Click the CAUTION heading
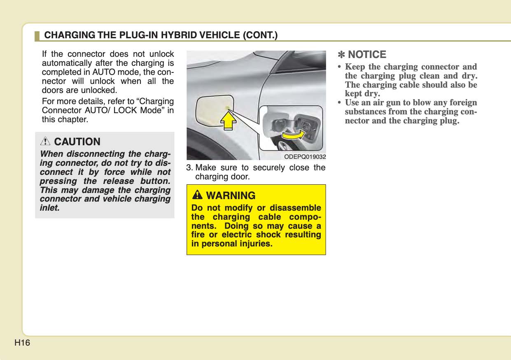(x=77, y=142)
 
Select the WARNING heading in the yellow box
(x=230, y=195)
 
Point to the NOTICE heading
(x=367, y=55)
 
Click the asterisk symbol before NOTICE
(x=341, y=55)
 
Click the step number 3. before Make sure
(x=190, y=168)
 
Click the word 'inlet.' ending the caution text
(x=50, y=208)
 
